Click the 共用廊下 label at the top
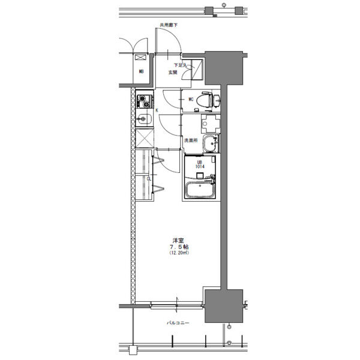coord(169,25)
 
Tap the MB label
coord(142,72)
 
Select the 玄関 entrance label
coord(173,73)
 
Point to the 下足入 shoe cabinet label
coord(181,65)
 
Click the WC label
coord(191,100)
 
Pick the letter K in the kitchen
coord(157,110)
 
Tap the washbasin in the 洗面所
coord(211,143)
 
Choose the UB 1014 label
coord(199,164)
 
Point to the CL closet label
coord(149,178)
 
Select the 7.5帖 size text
coord(179,247)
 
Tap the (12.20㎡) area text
coord(179,253)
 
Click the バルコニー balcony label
coord(178,323)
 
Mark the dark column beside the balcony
coord(224,306)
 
